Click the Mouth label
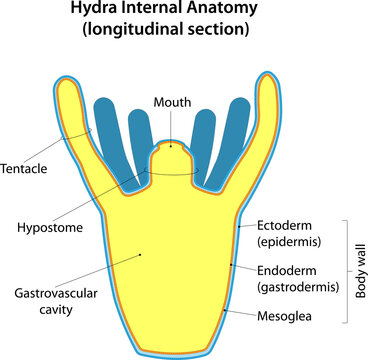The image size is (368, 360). point(172,101)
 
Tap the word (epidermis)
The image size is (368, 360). point(288,241)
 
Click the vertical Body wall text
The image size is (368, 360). point(361,270)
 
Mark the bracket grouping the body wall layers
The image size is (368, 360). point(346,270)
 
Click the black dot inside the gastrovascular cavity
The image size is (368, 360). point(141,254)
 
